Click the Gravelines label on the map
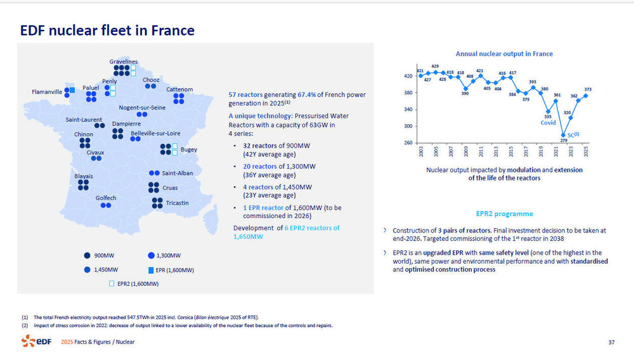point(124,61)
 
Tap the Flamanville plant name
point(47,92)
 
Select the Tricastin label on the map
point(178,203)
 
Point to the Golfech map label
point(106,198)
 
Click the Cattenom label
point(179,89)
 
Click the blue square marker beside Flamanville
point(72,91)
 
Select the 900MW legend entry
point(103,255)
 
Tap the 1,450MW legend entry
point(105,269)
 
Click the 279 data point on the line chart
point(564,134)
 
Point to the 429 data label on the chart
point(436,66)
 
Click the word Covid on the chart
point(548,122)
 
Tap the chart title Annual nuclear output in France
point(504,54)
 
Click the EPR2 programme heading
point(504,214)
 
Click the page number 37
point(611,342)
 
